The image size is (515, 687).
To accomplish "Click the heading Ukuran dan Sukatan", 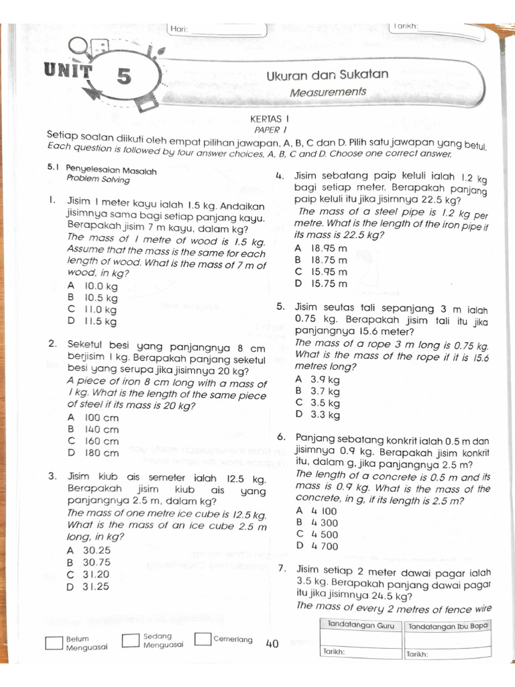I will click(x=327, y=74).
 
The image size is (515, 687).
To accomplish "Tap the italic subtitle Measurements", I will click(x=328, y=91).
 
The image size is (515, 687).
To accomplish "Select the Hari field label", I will click(x=179, y=29).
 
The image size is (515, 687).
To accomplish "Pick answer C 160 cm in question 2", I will click(x=93, y=441).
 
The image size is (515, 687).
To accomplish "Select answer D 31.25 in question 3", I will click(x=89, y=586).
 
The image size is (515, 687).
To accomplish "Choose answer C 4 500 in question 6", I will click(x=317, y=535).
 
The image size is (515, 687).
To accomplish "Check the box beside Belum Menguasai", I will click(x=54, y=643).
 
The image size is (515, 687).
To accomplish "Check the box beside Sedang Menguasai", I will click(x=131, y=640).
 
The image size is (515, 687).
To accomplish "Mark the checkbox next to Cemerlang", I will click(x=203, y=639).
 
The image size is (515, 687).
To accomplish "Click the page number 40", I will click(x=272, y=644).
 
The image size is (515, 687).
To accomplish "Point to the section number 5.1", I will click(x=54, y=170).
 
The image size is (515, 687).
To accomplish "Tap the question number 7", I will click(x=282, y=569).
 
